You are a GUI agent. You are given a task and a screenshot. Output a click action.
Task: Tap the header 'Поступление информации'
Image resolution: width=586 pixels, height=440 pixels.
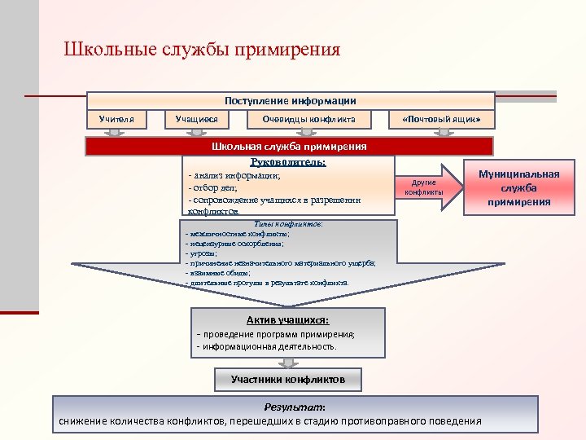coord(291,100)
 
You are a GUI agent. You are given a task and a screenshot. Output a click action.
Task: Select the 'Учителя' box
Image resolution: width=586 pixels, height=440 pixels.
coord(116,120)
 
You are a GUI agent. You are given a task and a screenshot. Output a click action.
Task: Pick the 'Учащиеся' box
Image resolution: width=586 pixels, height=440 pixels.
coord(197,120)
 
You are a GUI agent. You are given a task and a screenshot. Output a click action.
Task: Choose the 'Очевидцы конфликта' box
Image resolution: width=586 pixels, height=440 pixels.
coord(308,120)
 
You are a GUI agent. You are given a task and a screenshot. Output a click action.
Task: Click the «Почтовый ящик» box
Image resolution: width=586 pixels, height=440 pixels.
coord(447,120)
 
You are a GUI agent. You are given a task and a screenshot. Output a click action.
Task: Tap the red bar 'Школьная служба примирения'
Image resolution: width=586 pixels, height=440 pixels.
coord(289,147)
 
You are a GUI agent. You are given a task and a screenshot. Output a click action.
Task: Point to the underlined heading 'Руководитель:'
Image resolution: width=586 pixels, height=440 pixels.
coord(288,162)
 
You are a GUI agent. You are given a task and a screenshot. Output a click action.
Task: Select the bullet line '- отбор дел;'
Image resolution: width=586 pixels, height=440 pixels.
coord(212,187)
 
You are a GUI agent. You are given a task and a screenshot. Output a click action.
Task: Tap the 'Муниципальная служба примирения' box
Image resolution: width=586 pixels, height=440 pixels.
coord(518,188)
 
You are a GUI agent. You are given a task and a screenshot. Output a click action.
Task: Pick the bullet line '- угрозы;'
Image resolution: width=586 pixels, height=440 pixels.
coord(202,253)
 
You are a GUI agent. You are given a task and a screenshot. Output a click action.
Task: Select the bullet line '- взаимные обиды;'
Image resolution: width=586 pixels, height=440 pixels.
coord(217,273)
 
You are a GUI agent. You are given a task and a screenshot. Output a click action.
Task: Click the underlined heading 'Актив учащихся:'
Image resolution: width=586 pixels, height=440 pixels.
coord(287,320)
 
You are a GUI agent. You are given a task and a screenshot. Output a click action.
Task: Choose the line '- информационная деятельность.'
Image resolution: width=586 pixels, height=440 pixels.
coord(266,346)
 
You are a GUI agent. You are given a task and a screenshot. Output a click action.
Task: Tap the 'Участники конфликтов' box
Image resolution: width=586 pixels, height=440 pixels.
coord(288,380)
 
